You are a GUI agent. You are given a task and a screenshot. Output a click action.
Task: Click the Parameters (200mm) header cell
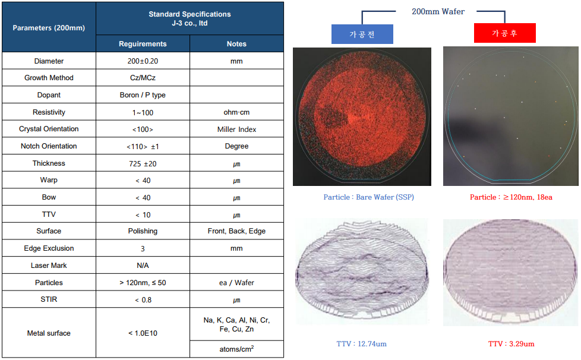(x=49, y=27)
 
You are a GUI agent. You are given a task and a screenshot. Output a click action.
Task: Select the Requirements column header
(x=143, y=44)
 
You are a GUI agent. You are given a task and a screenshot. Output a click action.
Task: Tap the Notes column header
(x=236, y=44)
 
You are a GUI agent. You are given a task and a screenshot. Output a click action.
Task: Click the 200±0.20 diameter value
(x=143, y=61)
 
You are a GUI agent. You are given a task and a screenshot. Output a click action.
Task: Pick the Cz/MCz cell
(x=143, y=78)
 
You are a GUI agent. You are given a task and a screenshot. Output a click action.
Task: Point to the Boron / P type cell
(x=143, y=95)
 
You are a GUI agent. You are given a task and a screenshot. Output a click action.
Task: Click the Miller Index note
(x=236, y=130)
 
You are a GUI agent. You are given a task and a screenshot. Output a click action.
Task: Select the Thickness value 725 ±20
(x=143, y=163)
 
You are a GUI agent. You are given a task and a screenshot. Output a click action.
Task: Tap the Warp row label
(x=49, y=180)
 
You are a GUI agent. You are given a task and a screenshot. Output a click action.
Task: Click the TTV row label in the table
(x=49, y=214)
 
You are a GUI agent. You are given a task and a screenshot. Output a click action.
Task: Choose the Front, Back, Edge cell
(x=236, y=231)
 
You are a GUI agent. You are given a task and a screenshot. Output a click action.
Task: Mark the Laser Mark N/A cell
(x=143, y=266)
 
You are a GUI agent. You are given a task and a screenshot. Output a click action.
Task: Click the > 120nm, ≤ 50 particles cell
(x=143, y=283)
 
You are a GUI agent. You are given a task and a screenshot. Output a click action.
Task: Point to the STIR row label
(x=49, y=299)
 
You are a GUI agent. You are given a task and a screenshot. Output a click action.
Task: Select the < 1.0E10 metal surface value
(x=143, y=333)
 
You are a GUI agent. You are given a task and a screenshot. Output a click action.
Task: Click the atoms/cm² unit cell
(x=236, y=349)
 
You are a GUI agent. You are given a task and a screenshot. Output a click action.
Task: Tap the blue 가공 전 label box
(x=362, y=34)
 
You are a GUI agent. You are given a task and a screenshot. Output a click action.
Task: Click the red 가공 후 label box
(x=505, y=33)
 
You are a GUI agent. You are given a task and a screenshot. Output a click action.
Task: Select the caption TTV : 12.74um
(x=361, y=344)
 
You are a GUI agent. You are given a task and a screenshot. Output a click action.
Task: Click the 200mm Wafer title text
(x=438, y=11)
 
